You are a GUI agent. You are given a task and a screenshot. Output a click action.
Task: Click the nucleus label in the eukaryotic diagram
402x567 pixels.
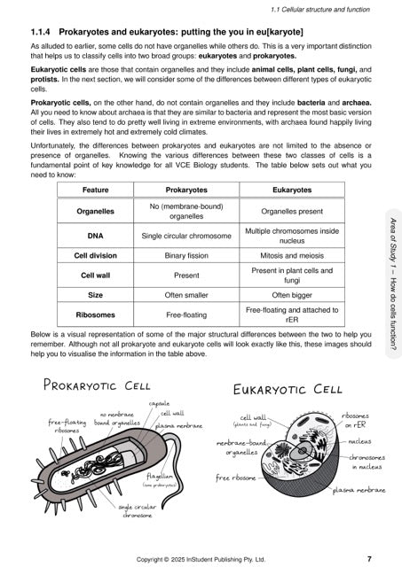point(359,439)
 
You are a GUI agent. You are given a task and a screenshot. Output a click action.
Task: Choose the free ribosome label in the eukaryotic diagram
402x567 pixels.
point(236,478)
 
